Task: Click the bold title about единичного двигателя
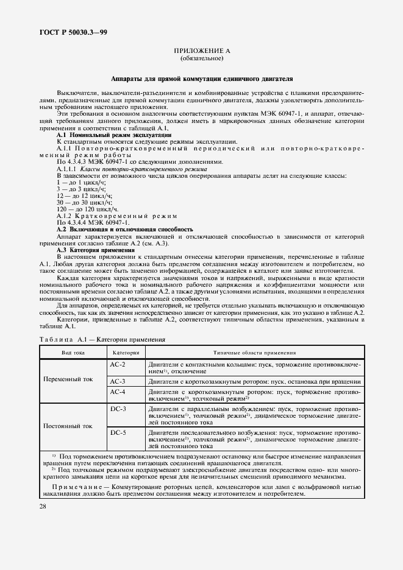(202, 79)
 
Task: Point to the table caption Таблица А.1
(102, 340)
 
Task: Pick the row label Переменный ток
(68, 379)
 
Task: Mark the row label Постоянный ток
(68, 426)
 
